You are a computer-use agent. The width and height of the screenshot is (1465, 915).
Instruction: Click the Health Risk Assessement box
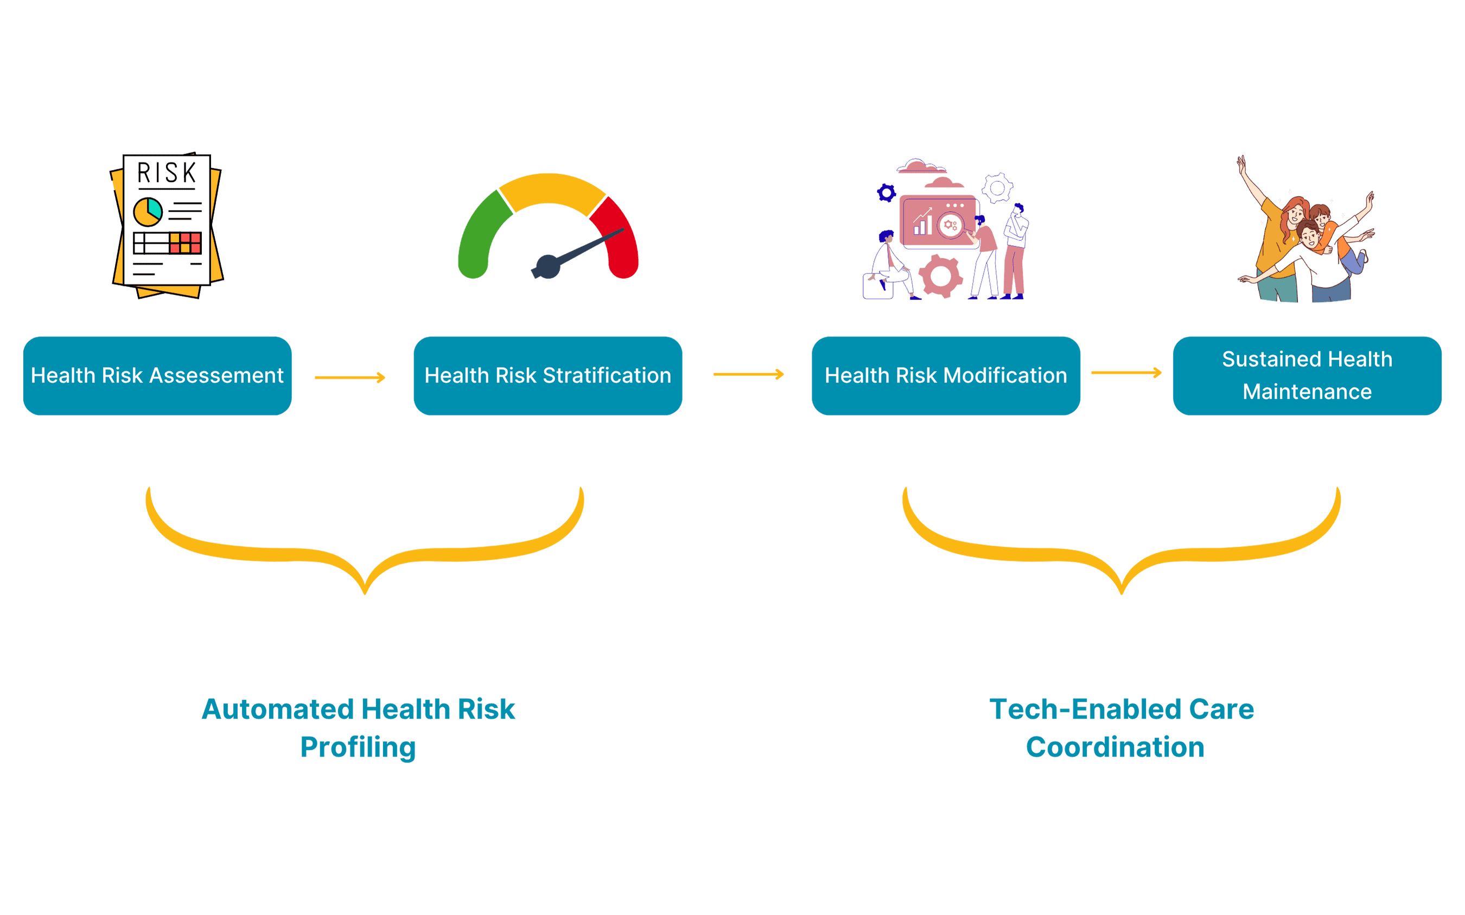(x=157, y=375)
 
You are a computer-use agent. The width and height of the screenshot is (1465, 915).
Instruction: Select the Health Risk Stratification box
(x=548, y=375)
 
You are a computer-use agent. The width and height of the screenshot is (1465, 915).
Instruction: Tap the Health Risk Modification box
(x=946, y=375)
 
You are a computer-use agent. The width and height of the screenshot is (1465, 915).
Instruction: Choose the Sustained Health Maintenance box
(x=1307, y=375)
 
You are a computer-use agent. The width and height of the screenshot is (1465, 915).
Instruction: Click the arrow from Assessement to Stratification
(x=350, y=377)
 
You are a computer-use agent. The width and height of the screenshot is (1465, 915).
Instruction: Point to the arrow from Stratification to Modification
(x=748, y=375)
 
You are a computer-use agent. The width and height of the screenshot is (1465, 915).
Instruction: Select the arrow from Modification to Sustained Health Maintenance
(x=1126, y=373)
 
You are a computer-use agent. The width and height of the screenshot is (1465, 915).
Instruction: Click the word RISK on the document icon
(x=167, y=173)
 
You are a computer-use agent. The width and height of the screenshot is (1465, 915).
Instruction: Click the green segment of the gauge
(x=481, y=233)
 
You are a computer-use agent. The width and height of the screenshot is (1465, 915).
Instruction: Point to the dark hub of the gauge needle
(x=547, y=266)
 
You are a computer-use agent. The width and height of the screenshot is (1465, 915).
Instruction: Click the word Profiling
(x=358, y=747)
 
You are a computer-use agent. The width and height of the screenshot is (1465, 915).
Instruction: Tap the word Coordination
(x=1115, y=747)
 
